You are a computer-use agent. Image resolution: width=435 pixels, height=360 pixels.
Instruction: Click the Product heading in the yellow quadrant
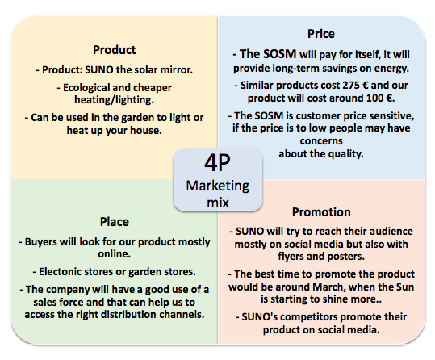pos(115,50)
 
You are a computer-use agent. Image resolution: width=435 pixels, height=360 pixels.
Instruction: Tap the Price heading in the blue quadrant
pos(321,34)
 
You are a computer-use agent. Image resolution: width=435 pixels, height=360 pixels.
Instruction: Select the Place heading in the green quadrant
pos(115,222)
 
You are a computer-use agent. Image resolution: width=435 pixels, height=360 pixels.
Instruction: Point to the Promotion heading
pos(321,212)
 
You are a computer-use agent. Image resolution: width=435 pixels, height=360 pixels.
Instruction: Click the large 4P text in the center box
pos(218,163)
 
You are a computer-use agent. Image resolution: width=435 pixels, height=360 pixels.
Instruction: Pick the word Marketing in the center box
pos(218,186)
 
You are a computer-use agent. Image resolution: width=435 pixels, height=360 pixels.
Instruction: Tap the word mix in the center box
pos(218,203)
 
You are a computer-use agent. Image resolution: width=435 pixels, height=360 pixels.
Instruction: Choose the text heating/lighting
pos(114,99)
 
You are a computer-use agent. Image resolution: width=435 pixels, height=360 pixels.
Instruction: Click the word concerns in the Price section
pos(321,141)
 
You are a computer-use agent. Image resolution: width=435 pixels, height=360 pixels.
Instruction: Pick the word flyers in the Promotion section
pos(291,257)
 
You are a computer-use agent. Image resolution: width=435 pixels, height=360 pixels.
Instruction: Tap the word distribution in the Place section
pos(129,315)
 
